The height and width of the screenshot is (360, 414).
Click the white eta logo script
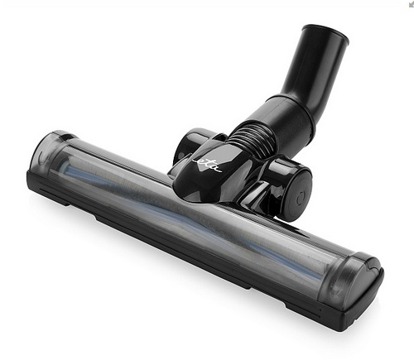click(207, 165)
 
